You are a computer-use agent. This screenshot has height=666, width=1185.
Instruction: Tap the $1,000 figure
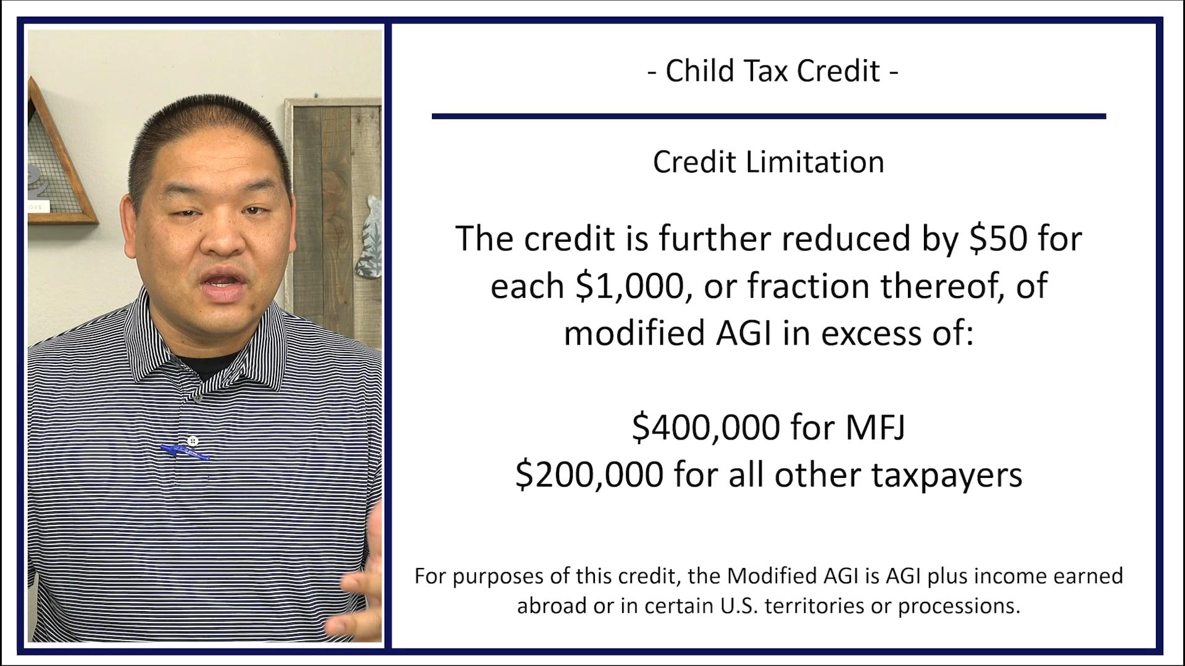coord(630,287)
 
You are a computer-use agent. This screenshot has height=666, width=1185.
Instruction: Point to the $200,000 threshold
coord(589,475)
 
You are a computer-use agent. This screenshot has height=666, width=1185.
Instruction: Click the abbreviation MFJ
coord(875,427)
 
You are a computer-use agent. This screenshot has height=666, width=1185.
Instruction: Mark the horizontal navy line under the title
coord(768,116)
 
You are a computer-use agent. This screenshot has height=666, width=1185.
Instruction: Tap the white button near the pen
coord(193,440)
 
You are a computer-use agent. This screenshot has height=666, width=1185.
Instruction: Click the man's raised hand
coord(358,592)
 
